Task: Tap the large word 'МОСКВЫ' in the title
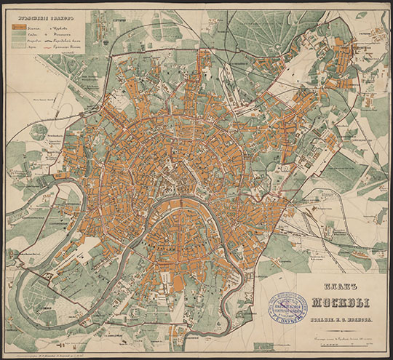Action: coord(331,303)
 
